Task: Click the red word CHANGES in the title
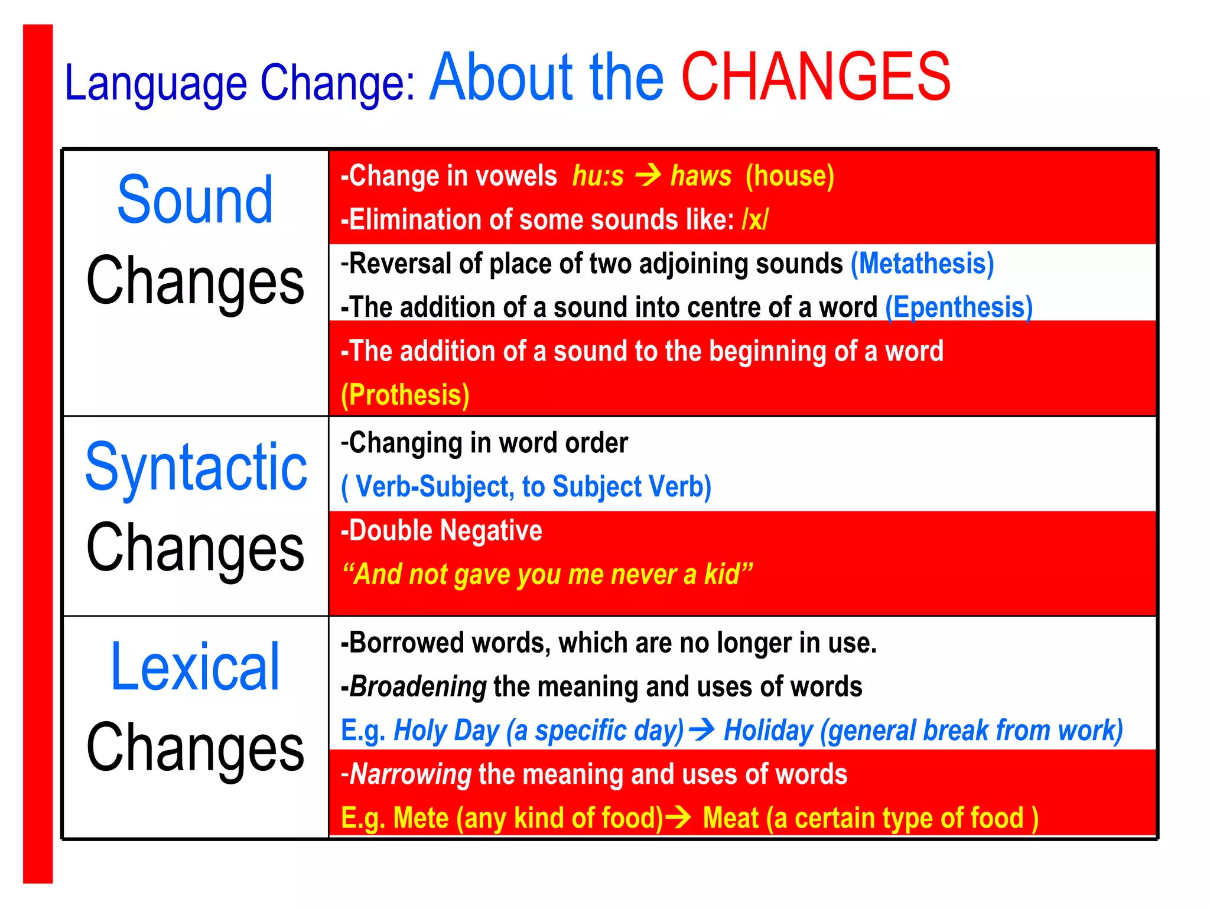(815, 77)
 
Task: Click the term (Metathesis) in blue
(922, 264)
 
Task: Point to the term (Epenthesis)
(959, 307)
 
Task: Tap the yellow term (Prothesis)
(405, 395)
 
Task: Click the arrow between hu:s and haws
(648, 176)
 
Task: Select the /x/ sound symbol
(755, 220)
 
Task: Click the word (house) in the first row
(790, 176)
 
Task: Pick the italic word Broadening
(418, 687)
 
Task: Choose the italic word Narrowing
(411, 774)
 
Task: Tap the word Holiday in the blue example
(768, 731)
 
